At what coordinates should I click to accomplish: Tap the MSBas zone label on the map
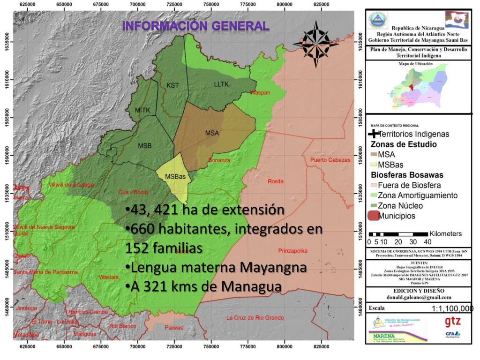175,177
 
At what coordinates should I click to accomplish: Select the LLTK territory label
221,84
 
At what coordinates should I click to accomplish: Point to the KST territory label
172,85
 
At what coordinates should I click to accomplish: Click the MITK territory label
142,110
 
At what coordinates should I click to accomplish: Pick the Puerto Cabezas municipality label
330,160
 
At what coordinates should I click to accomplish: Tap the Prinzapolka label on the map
293,251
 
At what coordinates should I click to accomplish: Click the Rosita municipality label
275,181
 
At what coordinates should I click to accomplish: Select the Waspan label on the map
260,93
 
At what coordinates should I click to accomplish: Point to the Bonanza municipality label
219,160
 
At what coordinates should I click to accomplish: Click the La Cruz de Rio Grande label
255,318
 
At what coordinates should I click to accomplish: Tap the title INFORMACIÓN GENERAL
196,26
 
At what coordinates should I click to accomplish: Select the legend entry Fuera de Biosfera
409,185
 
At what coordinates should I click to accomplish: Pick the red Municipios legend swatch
373,216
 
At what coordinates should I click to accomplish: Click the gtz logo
452,322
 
